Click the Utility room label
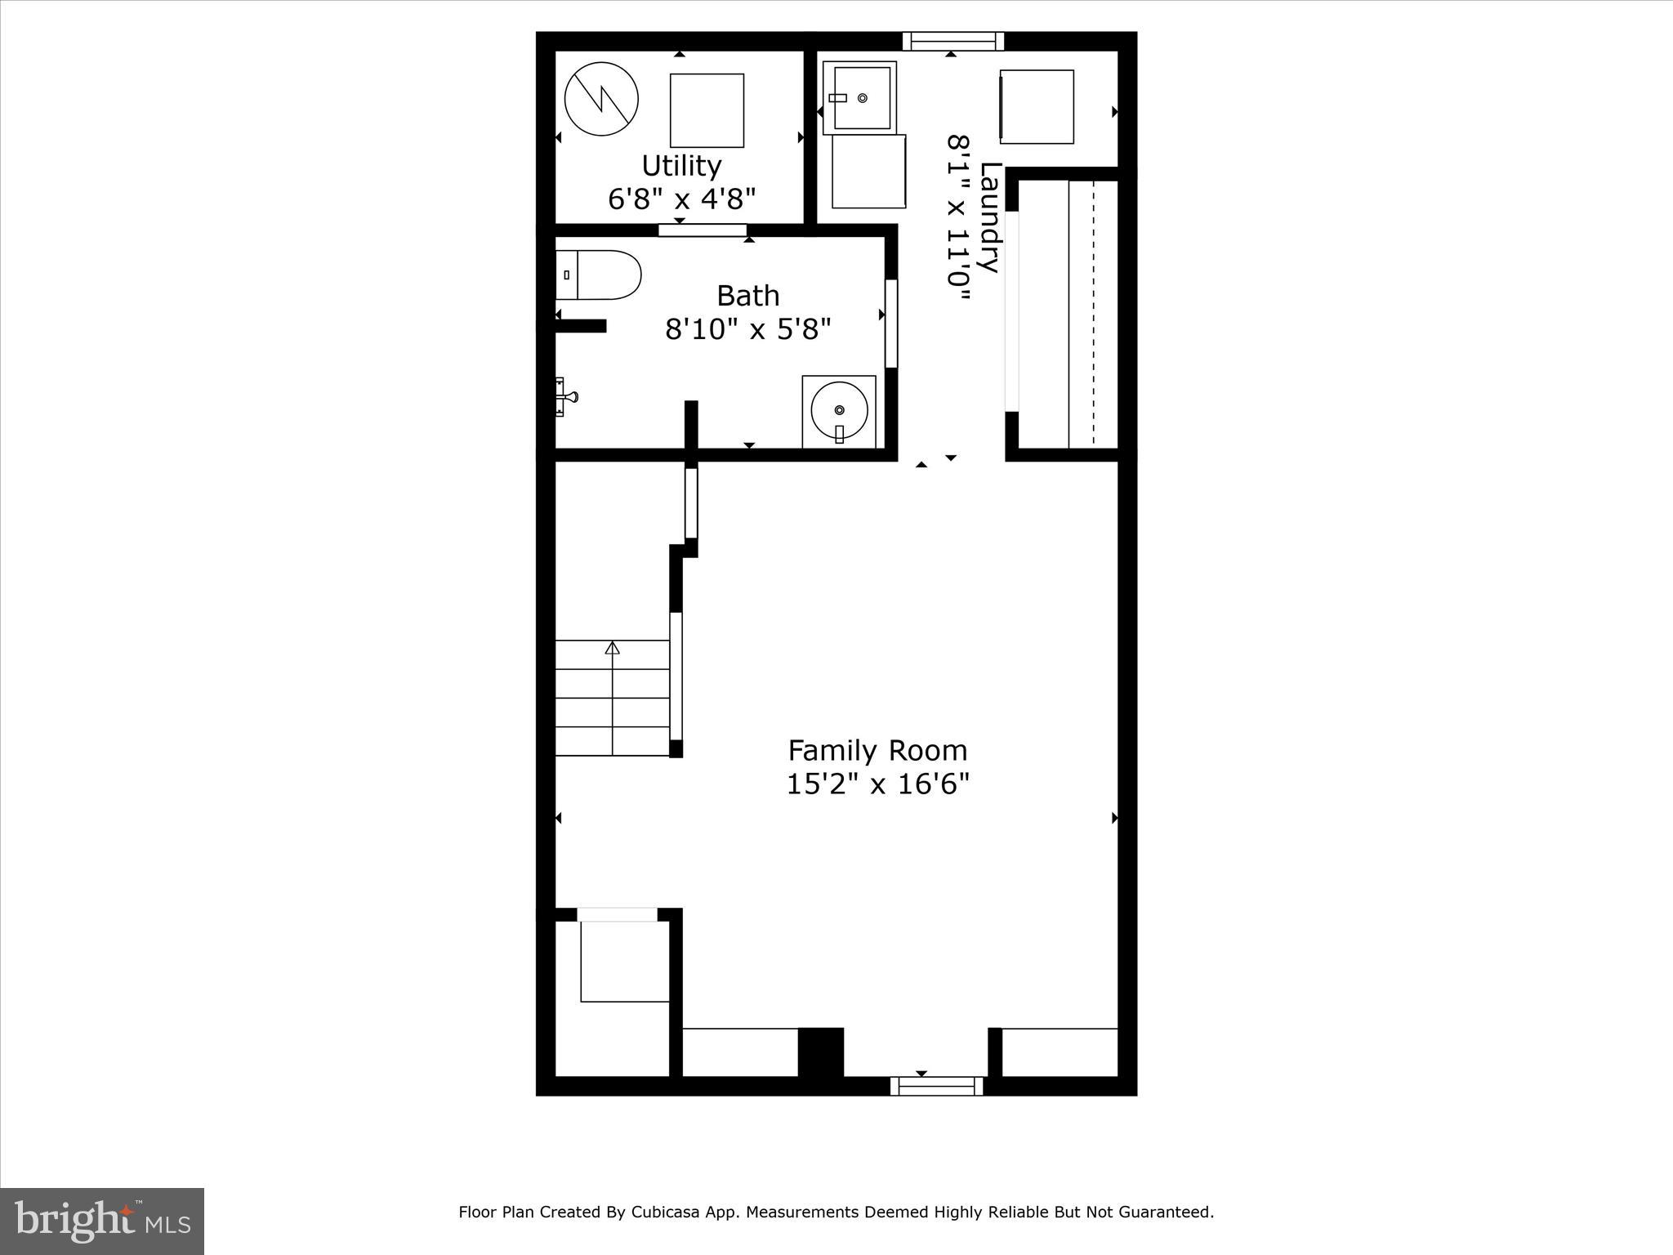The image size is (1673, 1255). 681,166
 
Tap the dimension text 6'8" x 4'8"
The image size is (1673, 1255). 681,199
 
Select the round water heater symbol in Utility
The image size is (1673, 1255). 601,99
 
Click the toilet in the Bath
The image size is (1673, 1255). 598,275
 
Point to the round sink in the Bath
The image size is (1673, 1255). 839,411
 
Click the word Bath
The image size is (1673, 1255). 747,295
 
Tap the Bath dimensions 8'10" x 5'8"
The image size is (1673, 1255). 747,329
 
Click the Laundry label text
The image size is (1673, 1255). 990,217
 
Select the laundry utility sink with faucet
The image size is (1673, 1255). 860,98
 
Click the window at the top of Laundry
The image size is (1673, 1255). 952,41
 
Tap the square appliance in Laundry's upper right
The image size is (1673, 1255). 1037,107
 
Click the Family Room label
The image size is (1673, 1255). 877,750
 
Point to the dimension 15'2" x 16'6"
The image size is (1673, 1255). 877,784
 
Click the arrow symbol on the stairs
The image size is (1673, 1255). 613,649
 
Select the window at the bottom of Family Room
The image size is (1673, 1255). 936,1086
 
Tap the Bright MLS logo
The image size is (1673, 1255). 102,1221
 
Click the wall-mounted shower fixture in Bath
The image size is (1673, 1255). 565,397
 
